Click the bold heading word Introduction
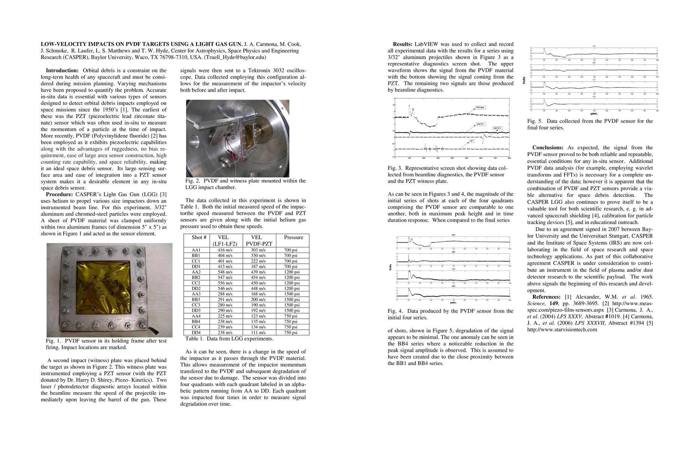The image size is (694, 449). pyautogui.click(x=62, y=71)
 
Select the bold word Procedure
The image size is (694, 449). pyautogui.click(x=59, y=195)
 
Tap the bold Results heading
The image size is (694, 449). pyautogui.click(x=402, y=44)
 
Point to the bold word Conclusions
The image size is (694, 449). pyautogui.click(x=548, y=148)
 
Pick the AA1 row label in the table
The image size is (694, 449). pyautogui.click(x=196, y=250)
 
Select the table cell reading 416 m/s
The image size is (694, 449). pyautogui.click(x=225, y=250)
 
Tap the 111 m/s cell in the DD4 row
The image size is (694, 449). pyautogui.click(x=258, y=333)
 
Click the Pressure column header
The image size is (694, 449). pyautogui.click(x=293, y=238)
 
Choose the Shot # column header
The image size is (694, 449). pyautogui.click(x=199, y=238)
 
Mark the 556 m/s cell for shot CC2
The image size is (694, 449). pyautogui.click(x=225, y=283)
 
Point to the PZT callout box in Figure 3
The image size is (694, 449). pyautogui.click(x=472, y=141)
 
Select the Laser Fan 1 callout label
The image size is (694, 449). pyautogui.click(x=480, y=124)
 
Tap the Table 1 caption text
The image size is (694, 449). pyautogui.click(x=229, y=339)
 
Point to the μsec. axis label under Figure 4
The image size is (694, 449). pyautogui.click(x=453, y=302)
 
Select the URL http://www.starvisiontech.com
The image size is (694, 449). pyautogui.click(x=562, y=330)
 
